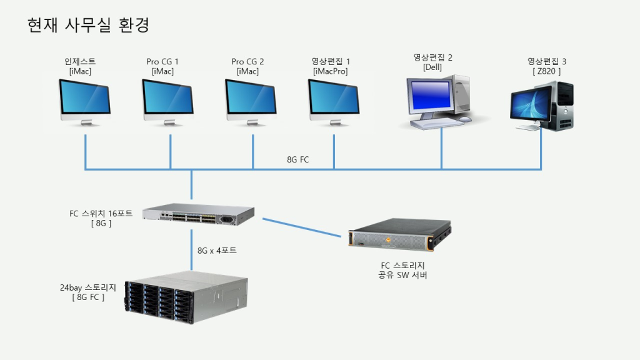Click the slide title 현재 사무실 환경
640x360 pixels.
[87, 26]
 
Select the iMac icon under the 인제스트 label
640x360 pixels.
[85, 102]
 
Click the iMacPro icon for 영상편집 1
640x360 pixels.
[334, 102]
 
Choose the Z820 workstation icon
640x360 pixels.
[542, 107]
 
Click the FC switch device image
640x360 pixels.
[199, 216]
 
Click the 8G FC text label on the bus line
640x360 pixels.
[297, 160]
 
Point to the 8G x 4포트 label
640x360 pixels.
[217, 251]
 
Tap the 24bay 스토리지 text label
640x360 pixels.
[88, 287]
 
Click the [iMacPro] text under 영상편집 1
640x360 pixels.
[331, 71]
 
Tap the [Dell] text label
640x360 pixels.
[432, 67]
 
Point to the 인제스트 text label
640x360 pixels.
[80, 61]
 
